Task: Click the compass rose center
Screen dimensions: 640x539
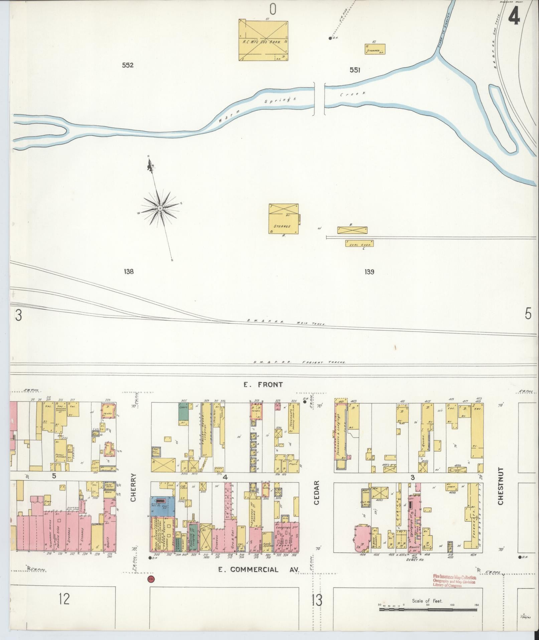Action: tap(160, 208)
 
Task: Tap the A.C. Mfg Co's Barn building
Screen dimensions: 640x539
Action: tap(263, 40)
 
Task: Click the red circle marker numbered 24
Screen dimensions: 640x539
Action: tap(151, 579)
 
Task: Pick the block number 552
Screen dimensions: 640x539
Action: tap(128, 65)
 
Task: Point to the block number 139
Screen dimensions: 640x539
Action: tap(369, 272)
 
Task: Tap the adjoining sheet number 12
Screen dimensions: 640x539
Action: tap(64, 598)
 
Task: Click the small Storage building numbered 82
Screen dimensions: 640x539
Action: tap(375, 49)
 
